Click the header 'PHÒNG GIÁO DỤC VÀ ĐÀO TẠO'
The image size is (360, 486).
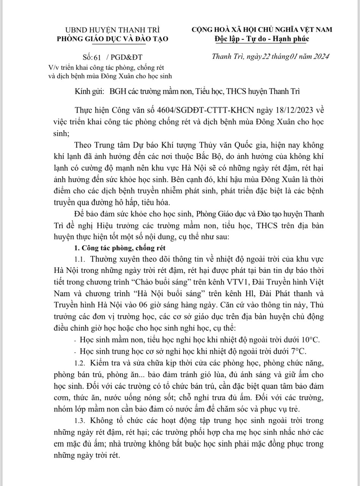(x=112, y=38)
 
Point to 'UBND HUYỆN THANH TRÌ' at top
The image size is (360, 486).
(x=113, y=29)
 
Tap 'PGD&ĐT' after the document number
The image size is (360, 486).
(x=127, y=57)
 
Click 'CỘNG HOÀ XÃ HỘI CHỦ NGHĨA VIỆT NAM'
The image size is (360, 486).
(x=262, y=29)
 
